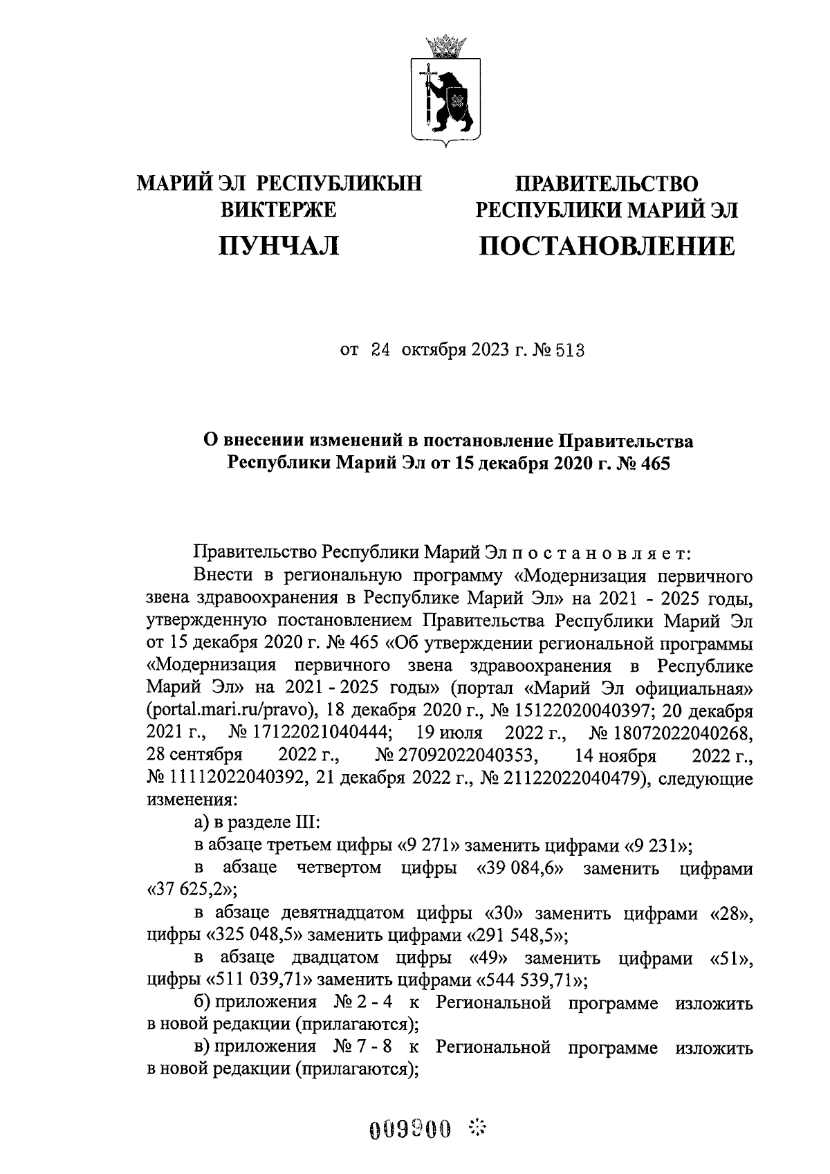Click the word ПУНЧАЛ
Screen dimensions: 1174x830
(x=279, y=246)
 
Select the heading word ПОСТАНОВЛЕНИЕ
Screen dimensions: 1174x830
(x=607, y=246)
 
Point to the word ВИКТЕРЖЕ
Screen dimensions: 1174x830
(x=279, y=209)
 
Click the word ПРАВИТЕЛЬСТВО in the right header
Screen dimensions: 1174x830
(x=607, y=183)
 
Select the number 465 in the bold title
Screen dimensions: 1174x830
(x=655, y=464)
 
